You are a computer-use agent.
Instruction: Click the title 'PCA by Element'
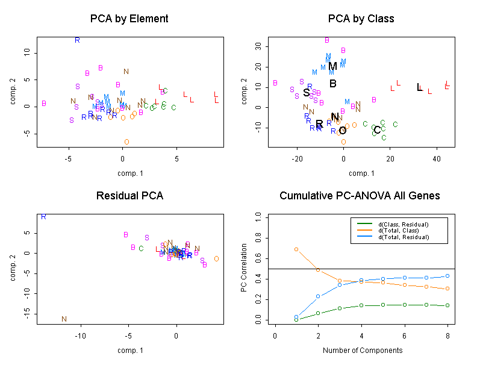tap(129, 19)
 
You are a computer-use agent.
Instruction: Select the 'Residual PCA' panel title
tap(129, 196)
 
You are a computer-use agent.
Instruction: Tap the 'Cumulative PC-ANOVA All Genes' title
tap(360, 196)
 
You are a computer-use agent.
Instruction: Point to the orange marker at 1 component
tap(296, 249)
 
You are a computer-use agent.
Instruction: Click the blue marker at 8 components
tap(447, 276)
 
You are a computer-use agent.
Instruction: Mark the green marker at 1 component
tap(296, 319)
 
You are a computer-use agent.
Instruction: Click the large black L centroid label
tap(420, 87)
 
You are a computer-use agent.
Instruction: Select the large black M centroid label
tap(332, 66)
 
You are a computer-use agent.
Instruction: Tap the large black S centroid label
tap(306, 93)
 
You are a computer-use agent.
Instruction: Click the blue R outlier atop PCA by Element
tap(77, 40)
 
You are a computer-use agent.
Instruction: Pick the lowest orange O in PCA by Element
tap(126, 142)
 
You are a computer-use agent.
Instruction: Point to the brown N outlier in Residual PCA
tap(64, 319)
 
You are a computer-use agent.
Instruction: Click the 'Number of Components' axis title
tap(360, 351)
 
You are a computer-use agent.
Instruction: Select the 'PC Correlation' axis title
tap(244, 268)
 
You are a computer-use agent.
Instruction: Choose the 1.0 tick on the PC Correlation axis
tap(258, 215)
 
